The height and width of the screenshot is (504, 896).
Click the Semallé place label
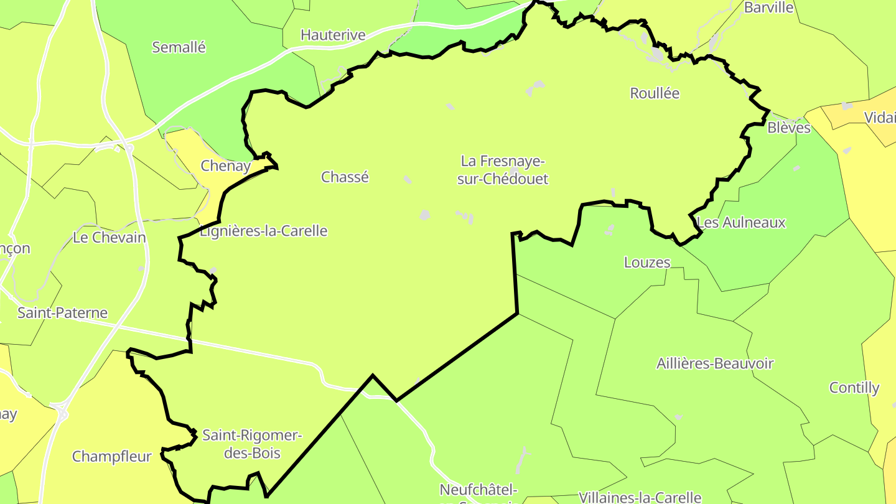point(179,47)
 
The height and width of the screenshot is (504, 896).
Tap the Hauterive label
point(333,35)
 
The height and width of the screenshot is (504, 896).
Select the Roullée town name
point(655,93)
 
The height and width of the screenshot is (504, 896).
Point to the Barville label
point(769,7)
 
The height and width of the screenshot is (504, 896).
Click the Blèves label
point(789,128)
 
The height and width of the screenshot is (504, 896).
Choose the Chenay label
point(225,166)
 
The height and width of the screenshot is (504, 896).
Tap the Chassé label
point(345,177)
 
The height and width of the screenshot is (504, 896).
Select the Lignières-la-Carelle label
point(263,231)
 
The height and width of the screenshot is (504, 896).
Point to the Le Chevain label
point(110,238)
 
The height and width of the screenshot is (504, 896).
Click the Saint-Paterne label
point(62,313)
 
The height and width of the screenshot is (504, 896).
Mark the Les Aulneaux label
point(741,223)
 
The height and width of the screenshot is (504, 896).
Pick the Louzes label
point(647,263)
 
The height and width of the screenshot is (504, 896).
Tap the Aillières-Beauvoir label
point(715,363)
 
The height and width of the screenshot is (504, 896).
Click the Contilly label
point(854,388)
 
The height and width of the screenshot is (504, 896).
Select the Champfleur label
point(112,457)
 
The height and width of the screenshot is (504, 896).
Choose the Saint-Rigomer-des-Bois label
point(252,444)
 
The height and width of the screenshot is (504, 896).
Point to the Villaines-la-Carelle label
point(640,497)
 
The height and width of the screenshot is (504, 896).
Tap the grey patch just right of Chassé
point(408,180)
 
